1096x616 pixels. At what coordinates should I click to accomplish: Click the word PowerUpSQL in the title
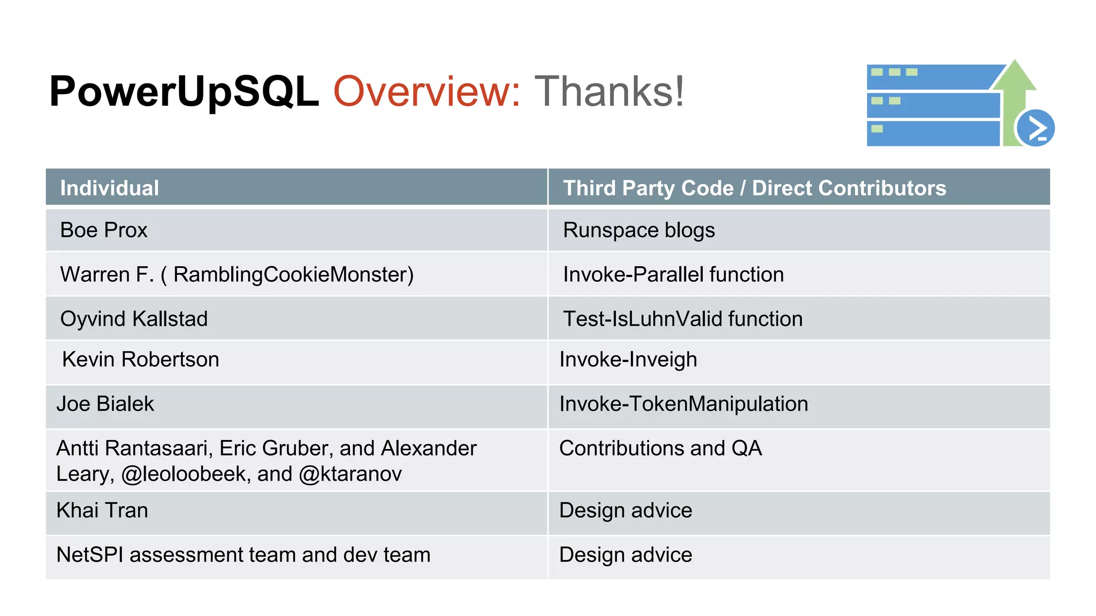[x=184, y=92]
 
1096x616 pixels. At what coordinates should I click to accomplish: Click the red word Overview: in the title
[x=427, y=92]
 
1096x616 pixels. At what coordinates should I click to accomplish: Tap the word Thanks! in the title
[x=609, y=92]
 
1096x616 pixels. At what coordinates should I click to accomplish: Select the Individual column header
[x=110, y=188]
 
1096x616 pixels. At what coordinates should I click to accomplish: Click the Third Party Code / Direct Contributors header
[x=754, y=188]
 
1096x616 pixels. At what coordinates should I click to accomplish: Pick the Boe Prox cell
[x=104, y=230]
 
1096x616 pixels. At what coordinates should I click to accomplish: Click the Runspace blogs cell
[x=638, y=230]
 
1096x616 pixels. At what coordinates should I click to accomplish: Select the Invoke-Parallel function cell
[x=673, y=274]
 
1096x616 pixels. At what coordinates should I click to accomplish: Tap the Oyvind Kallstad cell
[x=134, y=319]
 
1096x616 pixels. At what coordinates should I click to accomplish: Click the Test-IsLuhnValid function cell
[x=682, y=319]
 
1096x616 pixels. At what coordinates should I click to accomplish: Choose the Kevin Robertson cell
[x=140, y=359]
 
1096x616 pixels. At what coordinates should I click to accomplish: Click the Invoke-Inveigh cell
[x=628, y=359]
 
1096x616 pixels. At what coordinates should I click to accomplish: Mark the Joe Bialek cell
[x=105, y=404]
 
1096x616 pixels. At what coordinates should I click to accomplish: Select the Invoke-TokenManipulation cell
[x=683, y=404]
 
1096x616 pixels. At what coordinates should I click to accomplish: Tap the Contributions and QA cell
[x=660, y=448]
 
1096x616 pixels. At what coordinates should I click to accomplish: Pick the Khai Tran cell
[x=102, y=510]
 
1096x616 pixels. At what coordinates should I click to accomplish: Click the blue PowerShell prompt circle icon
[x=1035, y=128]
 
